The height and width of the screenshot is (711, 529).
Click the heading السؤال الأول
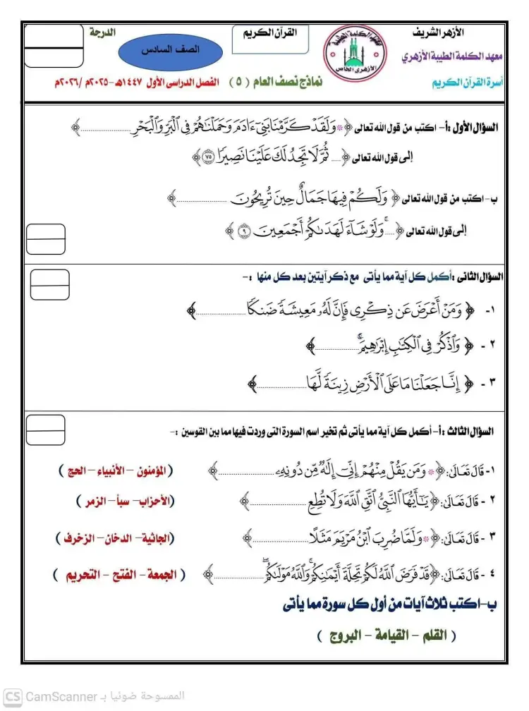(x=478, y=128)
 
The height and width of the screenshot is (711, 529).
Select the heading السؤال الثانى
(x=478, y=277)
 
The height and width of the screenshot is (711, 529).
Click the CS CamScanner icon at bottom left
(x=12, y=696)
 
